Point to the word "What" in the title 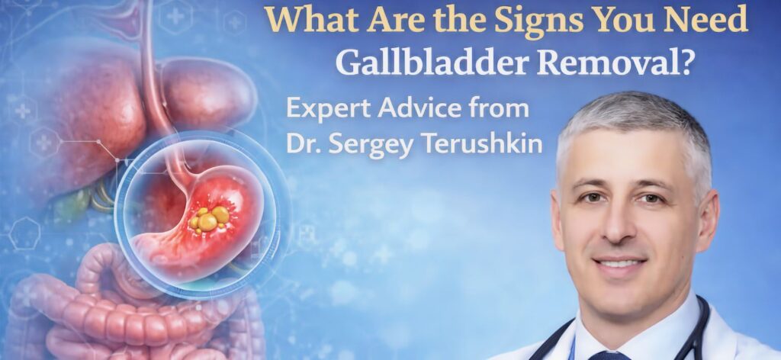pyautogui.click(x=307, y=20)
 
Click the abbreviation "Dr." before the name pyautogui.click(x=301, y=143)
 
